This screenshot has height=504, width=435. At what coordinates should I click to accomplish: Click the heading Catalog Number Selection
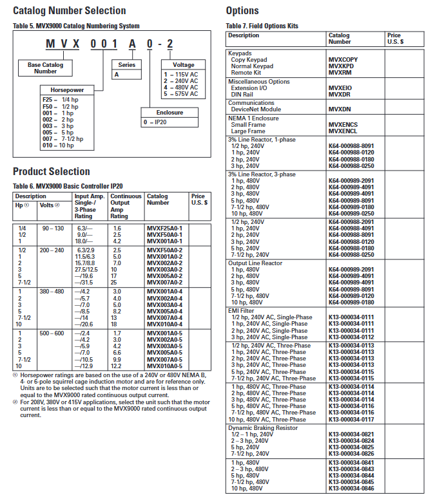pos(70,10)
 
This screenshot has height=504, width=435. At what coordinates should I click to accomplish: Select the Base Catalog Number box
pos(45,68)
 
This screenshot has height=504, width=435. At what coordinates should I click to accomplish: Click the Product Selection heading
pos(52,171)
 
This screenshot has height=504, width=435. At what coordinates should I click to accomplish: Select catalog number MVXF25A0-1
pos(164,229)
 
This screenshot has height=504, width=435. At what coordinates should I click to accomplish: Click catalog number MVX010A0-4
pos(164,324)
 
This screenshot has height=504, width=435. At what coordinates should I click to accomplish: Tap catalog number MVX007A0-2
pos(164,282)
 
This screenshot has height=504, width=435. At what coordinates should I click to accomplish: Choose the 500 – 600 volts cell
pos(52,333)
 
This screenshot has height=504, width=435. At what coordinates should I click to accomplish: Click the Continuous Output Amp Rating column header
pos(124,206)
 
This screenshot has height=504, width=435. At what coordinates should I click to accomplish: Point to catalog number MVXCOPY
pos(343,60)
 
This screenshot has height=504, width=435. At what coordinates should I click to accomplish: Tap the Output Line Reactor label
pos(255,263)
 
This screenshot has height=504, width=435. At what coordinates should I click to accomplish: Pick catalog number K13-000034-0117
pos(351,420)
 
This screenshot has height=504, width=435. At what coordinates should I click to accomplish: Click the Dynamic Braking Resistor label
pos(262,428)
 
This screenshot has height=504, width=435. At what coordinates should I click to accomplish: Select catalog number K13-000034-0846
pos(351,489)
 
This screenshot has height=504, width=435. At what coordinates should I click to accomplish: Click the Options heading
pos(242,10)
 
